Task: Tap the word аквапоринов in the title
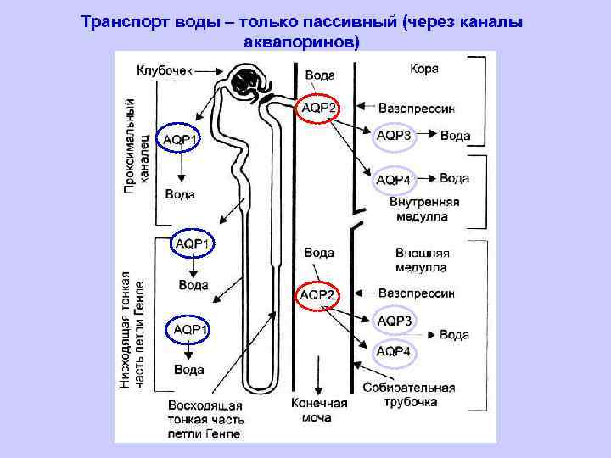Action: point(302,41)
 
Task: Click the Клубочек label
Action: point(165,70)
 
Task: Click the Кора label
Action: point(424,70)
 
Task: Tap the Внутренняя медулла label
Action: point(424,209)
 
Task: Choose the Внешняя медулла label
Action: point(422,260)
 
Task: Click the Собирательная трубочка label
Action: point(408,394)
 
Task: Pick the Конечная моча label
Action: point(319,411)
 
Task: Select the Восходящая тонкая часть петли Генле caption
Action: point(206,419)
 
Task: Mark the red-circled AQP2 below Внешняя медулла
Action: point(317,294)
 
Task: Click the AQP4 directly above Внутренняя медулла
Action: point(394,179)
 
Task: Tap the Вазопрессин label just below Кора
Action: point(417,108)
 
